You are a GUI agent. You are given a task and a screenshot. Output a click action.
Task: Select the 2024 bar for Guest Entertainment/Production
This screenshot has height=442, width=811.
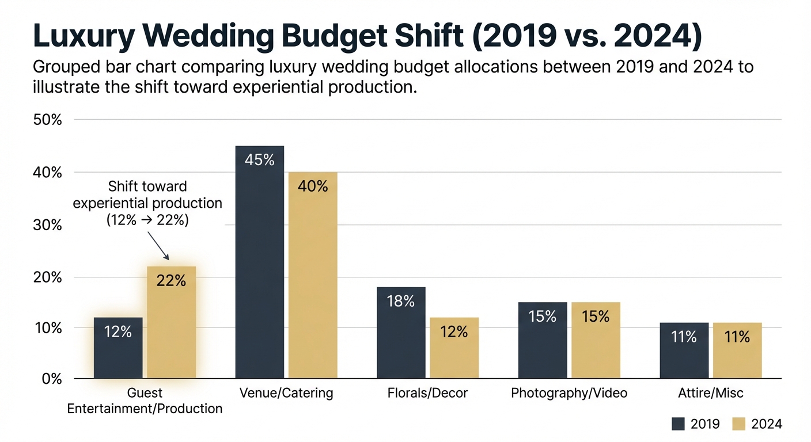(171, 322)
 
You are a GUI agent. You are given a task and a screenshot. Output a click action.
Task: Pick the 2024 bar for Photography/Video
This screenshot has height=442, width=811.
(596, 340)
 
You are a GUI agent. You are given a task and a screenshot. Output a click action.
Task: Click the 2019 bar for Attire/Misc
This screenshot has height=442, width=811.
(684, 350)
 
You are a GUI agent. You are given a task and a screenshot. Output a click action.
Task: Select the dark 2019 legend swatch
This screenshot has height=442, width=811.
(678, 424)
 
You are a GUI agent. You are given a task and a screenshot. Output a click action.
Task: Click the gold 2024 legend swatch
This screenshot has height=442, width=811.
(740, 424)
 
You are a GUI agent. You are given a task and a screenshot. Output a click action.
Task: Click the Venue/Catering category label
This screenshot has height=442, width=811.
(286, 393)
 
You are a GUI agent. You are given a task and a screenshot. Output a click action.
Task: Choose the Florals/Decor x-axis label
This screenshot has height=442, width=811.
(427, 393)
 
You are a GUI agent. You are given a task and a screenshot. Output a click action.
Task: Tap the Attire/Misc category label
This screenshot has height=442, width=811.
(710, 393)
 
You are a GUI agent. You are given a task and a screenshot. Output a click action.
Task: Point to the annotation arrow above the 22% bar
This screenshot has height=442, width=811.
(158, 246)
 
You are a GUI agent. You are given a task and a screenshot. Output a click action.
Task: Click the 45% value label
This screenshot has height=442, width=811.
(260, 160)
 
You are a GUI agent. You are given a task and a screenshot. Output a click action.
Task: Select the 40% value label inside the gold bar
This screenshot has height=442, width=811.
(313, 186)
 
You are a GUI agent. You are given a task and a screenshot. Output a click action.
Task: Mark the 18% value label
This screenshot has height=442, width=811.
(401, 301)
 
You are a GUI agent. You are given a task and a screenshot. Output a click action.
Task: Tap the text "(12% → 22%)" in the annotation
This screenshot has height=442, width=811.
(147, 220)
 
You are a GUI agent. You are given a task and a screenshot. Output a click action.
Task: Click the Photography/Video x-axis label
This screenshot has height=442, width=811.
(569, 393)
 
